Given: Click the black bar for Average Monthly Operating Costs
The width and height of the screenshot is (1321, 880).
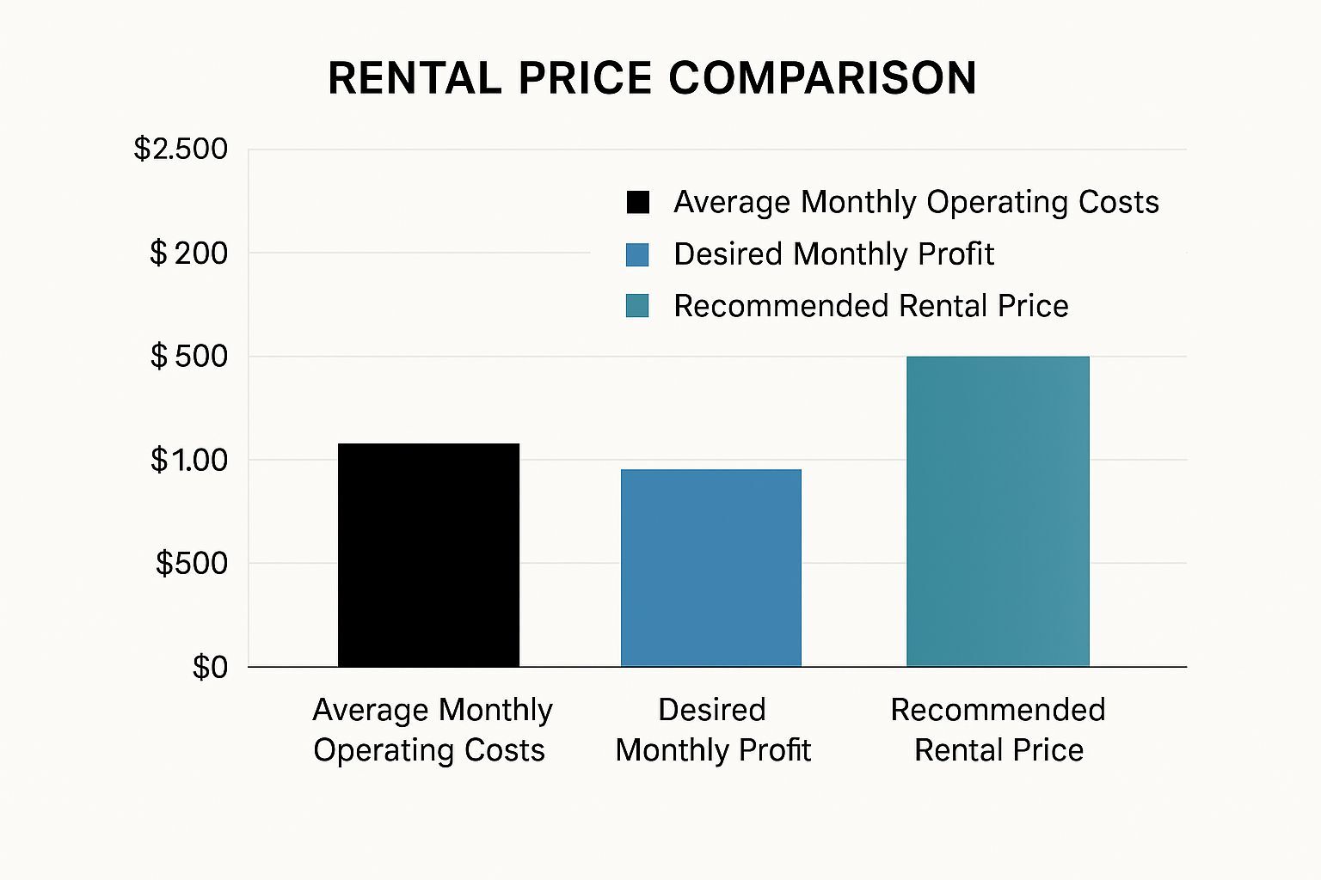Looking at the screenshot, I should pos(428,555).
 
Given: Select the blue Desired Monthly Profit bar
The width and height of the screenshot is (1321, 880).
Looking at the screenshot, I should pos(711,568).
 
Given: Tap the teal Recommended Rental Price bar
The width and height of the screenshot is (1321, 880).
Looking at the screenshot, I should pos(998,511).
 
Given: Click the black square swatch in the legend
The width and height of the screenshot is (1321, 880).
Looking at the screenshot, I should pos(637,202).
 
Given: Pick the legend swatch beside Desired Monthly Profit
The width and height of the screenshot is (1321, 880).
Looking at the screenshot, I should pos(637,254).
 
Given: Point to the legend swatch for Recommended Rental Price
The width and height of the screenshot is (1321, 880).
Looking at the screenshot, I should pos(637,306).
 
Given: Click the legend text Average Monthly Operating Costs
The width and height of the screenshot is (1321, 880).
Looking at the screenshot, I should pos(916,202).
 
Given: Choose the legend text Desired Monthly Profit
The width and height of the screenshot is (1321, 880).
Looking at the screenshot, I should pos(833,254).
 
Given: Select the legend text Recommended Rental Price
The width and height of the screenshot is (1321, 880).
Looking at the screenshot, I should pos(870,306).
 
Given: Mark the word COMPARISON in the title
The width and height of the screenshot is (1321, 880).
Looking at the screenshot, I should pos(822,78).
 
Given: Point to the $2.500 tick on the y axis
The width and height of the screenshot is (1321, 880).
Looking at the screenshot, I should pos(181,150).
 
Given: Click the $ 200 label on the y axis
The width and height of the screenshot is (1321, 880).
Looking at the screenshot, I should pos(188,254).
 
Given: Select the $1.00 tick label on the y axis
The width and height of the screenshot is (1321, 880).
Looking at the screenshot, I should pos(189,461).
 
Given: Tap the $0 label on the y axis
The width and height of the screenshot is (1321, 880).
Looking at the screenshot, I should pos(210,668).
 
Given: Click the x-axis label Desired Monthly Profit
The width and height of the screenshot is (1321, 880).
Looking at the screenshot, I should pos(712,730).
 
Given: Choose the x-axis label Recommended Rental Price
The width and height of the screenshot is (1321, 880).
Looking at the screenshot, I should pos(998,730).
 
